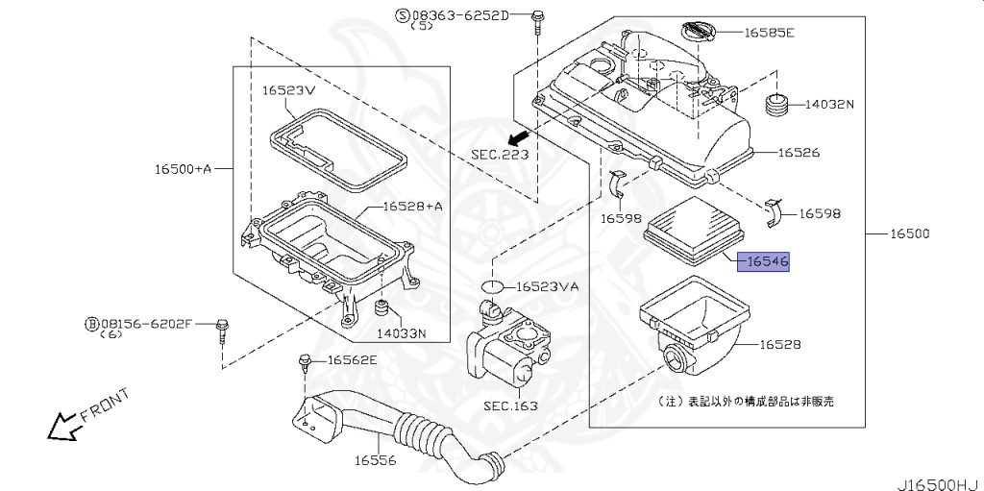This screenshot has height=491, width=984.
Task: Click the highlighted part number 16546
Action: point(763,259)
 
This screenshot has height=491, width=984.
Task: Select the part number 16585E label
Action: point(770,32)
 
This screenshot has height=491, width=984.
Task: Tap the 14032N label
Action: point(829,103)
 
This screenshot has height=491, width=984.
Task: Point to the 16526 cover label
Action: point(799,153)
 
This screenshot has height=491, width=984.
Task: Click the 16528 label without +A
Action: point(780,344)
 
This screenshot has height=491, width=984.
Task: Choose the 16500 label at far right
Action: point(910,233)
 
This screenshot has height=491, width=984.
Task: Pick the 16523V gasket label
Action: point(289,90)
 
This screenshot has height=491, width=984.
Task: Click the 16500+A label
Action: point(183,169)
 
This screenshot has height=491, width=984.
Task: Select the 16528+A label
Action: point(412,207)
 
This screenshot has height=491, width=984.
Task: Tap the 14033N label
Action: point(401,333)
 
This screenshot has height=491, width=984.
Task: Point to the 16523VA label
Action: point(548,287)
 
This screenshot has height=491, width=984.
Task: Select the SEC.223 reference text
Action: point(500,154)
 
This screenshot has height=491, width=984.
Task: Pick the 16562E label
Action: point(353,360)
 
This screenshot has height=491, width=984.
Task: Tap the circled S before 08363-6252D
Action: point(403,14)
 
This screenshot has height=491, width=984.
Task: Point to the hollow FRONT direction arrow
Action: point(63,424)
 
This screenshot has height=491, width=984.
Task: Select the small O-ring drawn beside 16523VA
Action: point(492,286)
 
